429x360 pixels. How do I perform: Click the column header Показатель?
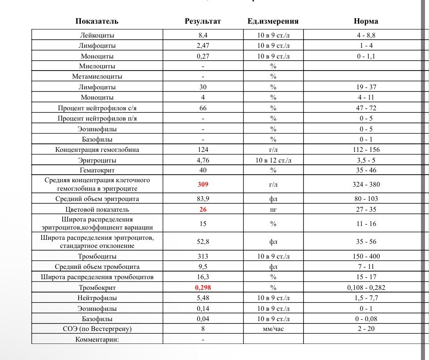(97, 21)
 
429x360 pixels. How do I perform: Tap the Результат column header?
(203, 21)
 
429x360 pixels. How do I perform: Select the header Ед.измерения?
(273, 21)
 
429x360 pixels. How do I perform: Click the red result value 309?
(203, 184)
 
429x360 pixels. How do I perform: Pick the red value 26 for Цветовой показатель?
(203, 209)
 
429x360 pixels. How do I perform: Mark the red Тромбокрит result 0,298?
(203, 288)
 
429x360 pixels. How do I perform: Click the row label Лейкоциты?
(97, 35)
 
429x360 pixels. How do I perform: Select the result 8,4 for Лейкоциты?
(203, 35)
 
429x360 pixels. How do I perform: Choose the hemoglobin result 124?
(203, 150)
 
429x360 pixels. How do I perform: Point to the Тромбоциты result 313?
(203, 256)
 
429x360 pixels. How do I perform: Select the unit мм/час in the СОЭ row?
(273, 329)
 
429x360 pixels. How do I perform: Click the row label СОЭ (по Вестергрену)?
(97, 329)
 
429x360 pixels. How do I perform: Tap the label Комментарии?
(97, 339)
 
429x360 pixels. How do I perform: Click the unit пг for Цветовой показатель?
(273, 209)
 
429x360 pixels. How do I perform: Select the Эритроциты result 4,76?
(203, 160)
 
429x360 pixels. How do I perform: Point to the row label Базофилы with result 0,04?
(97, 319)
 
